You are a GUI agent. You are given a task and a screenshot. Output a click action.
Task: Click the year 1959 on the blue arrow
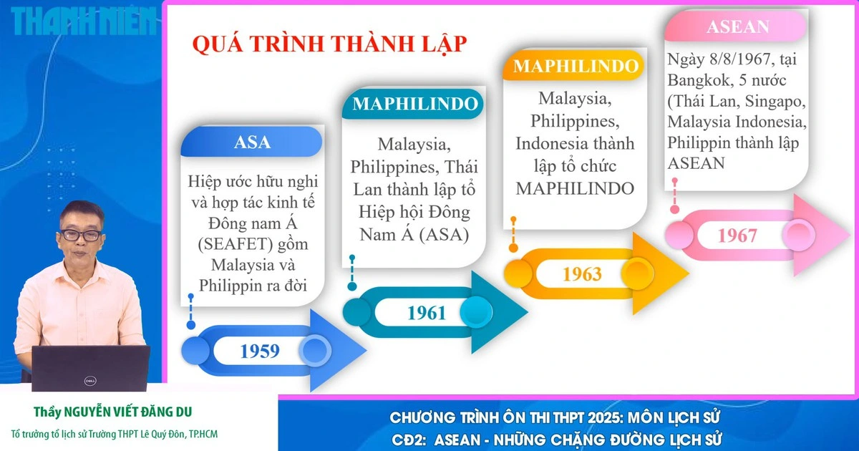point(260,351)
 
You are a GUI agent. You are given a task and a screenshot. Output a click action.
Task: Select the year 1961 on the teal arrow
point(427,313)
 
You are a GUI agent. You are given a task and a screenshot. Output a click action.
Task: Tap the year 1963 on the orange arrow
point(582,273)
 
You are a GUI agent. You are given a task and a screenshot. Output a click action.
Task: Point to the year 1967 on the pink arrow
point(737,235)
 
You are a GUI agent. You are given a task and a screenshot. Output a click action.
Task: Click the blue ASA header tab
point(252,142)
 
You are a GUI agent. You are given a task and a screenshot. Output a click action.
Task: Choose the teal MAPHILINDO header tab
point(414,104)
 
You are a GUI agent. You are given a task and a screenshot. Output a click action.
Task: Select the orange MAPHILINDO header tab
point(576,66)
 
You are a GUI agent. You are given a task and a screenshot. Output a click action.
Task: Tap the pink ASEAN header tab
point(737,26)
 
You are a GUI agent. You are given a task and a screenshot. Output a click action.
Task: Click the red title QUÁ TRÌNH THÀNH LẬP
point(329,44)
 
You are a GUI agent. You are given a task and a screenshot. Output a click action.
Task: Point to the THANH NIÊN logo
point(84,21)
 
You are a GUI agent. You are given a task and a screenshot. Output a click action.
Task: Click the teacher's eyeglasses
point(81,235)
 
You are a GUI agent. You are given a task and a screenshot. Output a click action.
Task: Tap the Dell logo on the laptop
point(90,381)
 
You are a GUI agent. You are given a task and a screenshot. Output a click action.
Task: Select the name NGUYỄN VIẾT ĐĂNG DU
point(128,412)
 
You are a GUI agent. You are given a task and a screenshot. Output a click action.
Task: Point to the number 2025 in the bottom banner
point(602,417)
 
